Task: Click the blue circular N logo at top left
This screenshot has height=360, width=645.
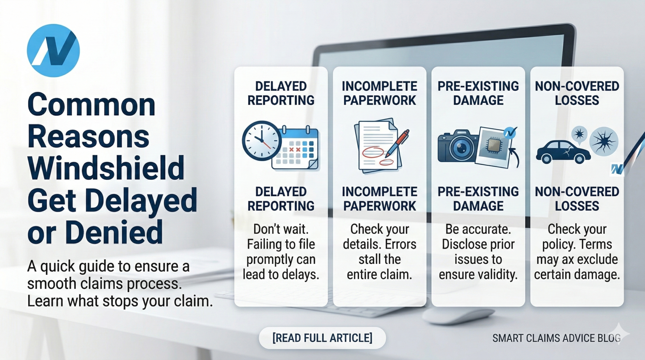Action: [x=53, y=51]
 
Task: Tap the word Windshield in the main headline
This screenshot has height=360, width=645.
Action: [x=106, y=168]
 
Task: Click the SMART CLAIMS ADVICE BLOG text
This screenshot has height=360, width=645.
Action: [x=556, y=338]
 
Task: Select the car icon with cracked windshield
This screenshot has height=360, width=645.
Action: [x=562, y=152]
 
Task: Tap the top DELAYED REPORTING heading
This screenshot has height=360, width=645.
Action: [x=281, y=93]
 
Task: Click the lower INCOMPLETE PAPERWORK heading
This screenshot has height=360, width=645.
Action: [x=380, y=199]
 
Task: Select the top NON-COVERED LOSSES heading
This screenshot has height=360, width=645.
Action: [x=577, y=93]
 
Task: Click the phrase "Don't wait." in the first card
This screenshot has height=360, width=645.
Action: [x=281, y=229]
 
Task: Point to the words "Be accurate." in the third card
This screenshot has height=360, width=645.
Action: [x=478, y=229]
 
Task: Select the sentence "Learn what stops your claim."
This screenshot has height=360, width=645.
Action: [x=120, y=301]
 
